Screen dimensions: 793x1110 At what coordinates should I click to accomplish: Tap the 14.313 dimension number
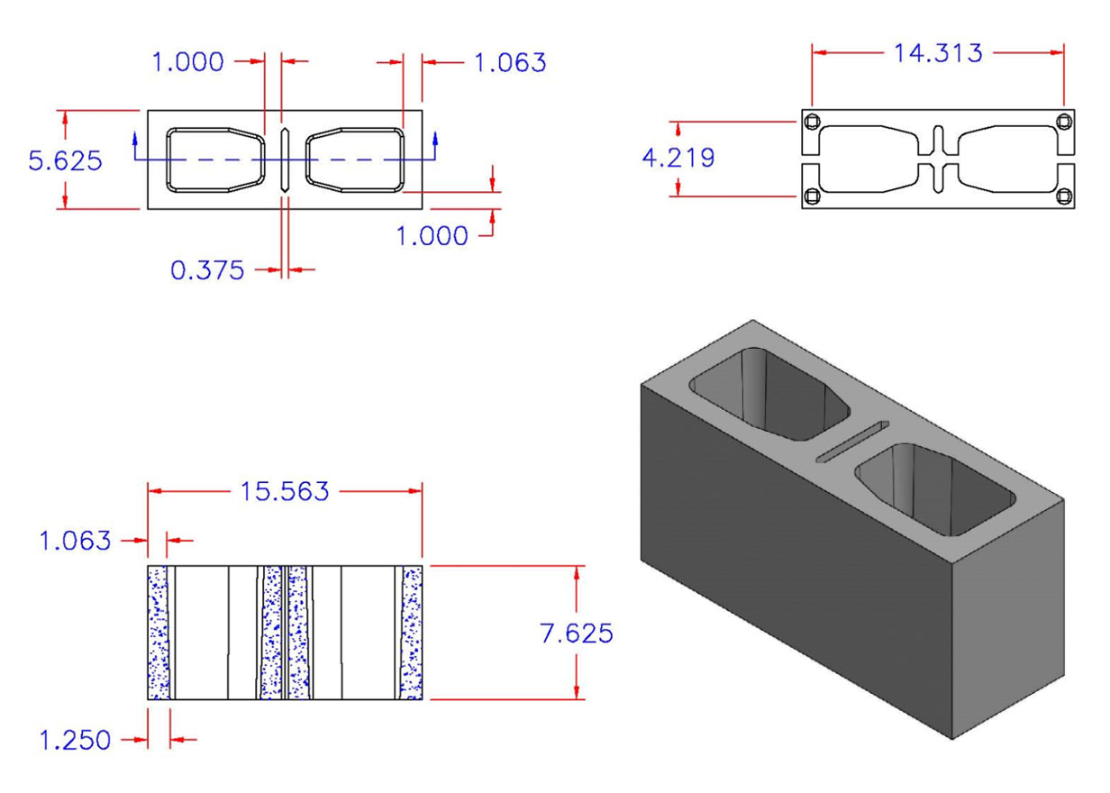click(937, 53)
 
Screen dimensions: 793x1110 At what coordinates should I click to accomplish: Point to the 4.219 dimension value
click(678, 159)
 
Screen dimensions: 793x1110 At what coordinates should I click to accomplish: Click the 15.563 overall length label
click(284, 492)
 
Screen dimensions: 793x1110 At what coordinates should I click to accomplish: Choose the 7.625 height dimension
click(577, 633)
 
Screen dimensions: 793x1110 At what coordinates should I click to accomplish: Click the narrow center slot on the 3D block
click(851, 442)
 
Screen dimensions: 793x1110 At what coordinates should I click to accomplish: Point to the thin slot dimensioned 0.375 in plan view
click(285, 160)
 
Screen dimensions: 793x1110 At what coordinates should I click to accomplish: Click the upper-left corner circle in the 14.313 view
click(814, 123)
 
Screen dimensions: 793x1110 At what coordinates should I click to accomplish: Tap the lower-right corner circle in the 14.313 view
click(1064, 196)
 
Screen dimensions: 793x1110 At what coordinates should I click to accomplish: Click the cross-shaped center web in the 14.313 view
click(938, 159)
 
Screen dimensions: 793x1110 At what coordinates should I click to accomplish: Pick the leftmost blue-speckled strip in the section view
click(159, 633)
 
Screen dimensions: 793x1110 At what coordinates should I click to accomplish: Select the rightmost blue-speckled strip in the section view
click(412, 633)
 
